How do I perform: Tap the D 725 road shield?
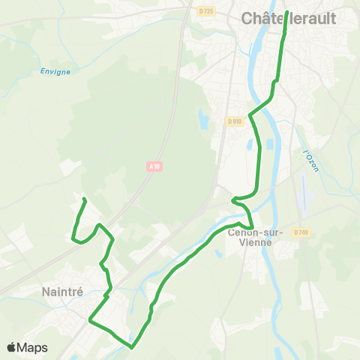(x=206, y=11)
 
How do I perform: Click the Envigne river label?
(x=55, y=72)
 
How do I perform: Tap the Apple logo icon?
(x=12, y=347)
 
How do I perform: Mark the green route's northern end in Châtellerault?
(x=287, y=13)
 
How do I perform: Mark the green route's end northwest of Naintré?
(x=84, y=199)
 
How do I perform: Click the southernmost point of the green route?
(x=131, y=347)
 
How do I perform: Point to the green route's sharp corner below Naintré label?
(x=91, y=320)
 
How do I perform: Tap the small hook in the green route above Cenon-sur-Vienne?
(x=234, y=199)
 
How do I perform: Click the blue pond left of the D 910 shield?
(x=203, y=118)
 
